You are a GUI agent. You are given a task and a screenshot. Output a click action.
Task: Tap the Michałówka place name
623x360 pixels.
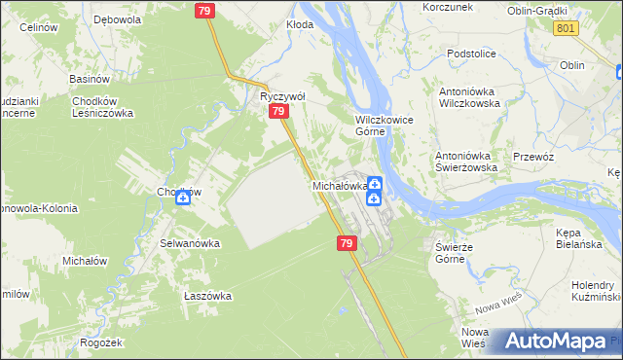coord(339,185)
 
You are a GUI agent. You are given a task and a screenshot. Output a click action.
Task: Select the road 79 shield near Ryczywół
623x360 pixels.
coord(279,113)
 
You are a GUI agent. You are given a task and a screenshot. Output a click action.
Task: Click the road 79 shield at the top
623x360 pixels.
coord(204,11)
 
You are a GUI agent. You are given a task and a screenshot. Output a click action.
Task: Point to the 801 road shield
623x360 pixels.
coord(568,28)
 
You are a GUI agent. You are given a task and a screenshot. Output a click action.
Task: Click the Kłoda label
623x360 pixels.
coord(300,24)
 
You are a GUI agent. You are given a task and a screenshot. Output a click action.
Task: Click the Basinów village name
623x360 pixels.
coord(88,78)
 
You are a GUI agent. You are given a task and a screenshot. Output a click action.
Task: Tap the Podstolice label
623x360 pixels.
coord(472,54)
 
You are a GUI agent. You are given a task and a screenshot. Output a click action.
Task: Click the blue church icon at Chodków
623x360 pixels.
coord(182,198)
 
